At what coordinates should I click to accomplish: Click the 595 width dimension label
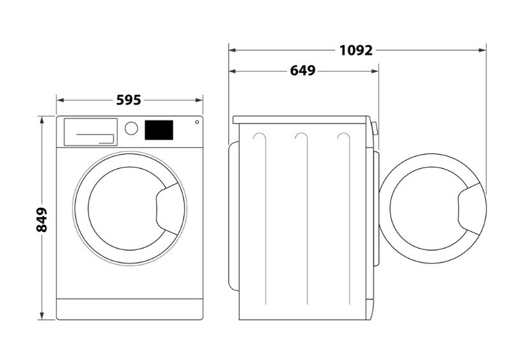point(129,100)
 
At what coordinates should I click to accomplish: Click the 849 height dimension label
point(41,219)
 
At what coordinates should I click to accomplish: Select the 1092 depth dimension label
point(356,50)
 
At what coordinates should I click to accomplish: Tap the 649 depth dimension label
point(303,71)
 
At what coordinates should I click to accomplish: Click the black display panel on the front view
point(159,130)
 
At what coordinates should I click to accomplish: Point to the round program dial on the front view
point(131,128)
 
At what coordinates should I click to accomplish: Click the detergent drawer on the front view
point(90,132)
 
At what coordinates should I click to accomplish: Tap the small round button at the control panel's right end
point(197,122)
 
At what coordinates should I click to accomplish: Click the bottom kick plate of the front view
point(130,309)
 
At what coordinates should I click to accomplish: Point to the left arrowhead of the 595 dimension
point(60,100)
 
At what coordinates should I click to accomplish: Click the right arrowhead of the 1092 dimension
point(482,50)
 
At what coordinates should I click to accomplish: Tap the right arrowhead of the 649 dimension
point(375,71)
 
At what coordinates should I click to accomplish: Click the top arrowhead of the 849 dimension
point(42,120)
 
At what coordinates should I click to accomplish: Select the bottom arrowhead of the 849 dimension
point(42,316)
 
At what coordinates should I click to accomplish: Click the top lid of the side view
point(301,120)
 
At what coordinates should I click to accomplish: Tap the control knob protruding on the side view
point(374,129)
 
